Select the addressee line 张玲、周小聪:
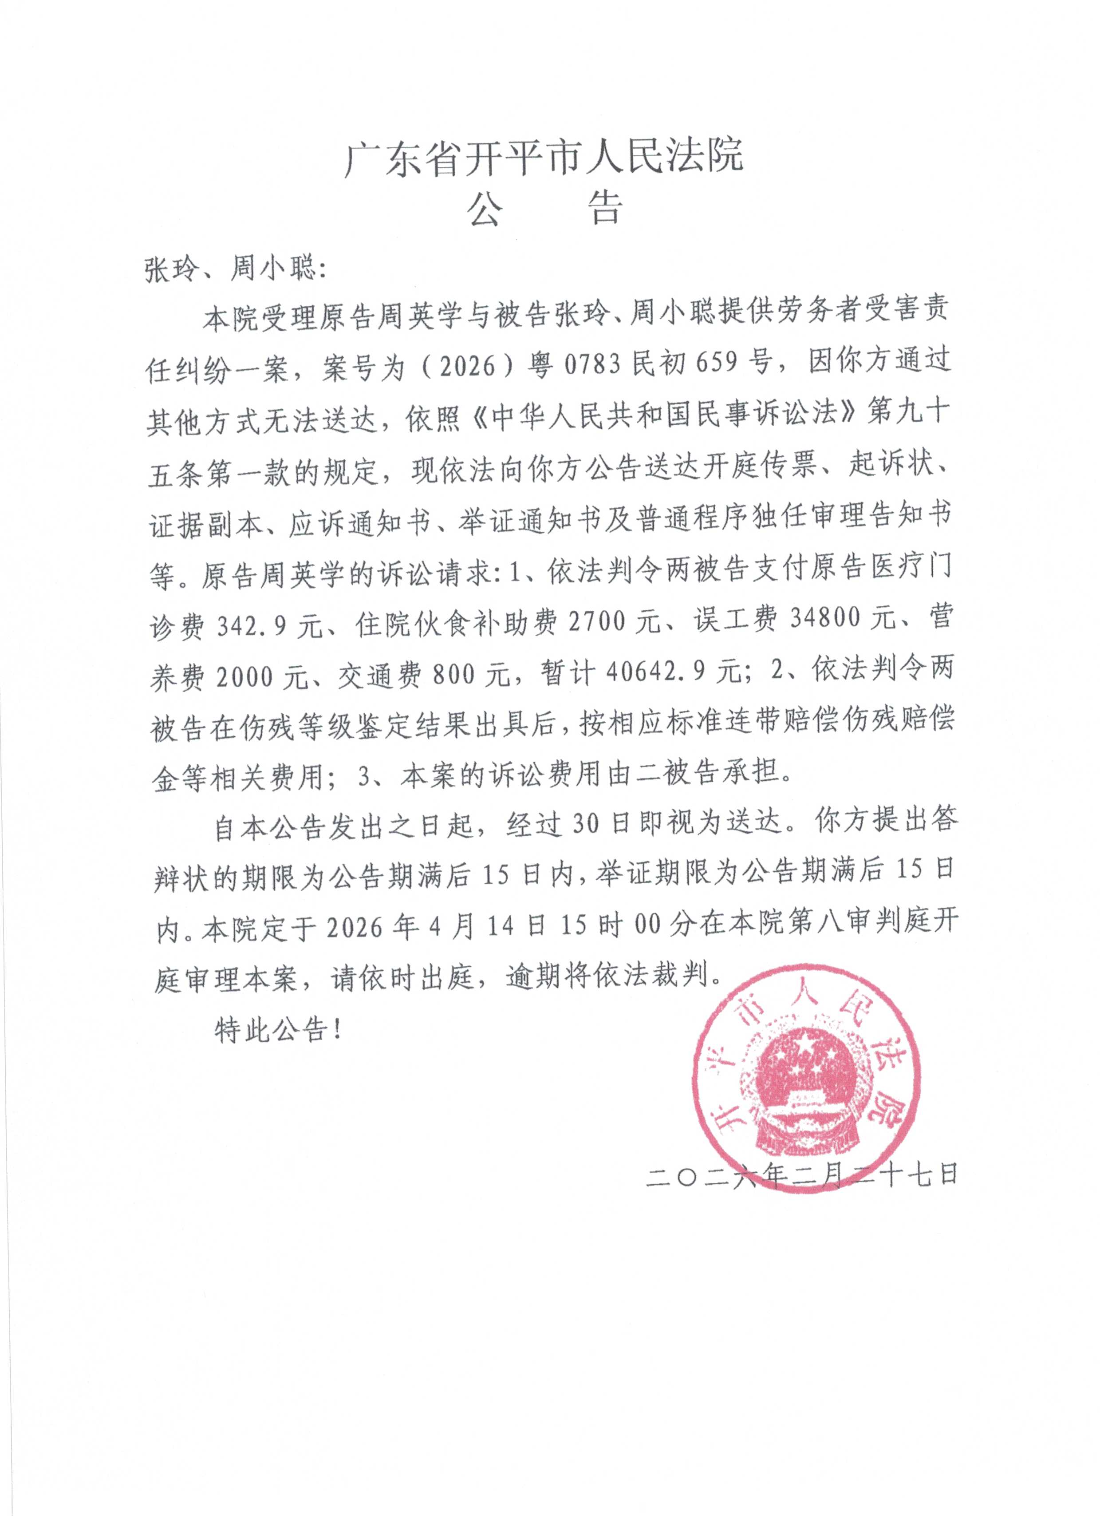coord(236,270)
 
